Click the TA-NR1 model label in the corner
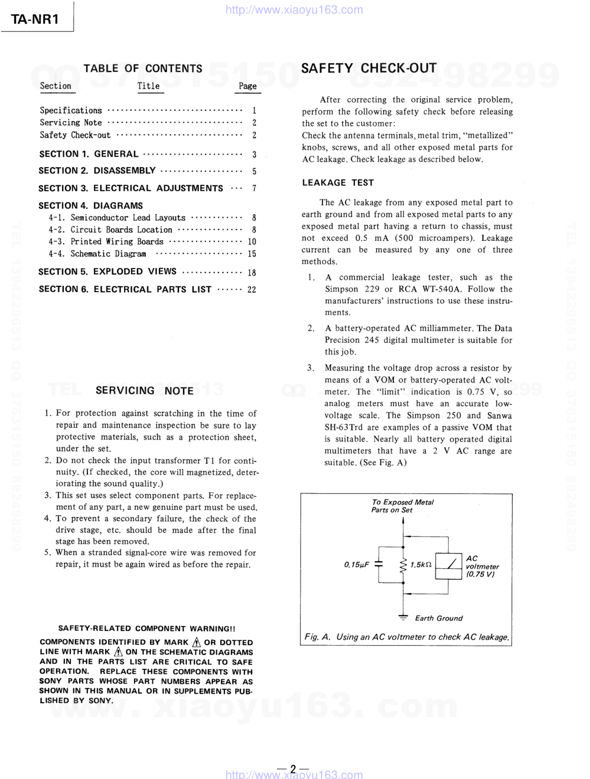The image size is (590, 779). [x=35, y=18]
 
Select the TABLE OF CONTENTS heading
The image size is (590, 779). [x=143, y=68]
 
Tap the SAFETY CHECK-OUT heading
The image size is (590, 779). [x=369, y=68]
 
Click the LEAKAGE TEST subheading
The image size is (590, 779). [x=338, y=183]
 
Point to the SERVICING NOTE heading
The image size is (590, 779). [x=145, y=391]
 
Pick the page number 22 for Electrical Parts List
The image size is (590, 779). [x=252, y=290]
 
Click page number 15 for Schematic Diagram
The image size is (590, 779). [x=252, y=254]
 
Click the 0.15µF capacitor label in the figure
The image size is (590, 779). [x=356, y=565]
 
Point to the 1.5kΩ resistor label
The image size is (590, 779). [x=421, y=565]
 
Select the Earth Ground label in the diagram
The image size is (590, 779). [x=438, y=618]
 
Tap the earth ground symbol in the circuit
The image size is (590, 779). [x=403, y=617]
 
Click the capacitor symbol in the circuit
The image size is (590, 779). [x=379, y=565]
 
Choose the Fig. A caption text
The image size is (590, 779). [x=406, y=637]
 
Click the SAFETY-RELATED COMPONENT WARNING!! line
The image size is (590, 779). [x=146, y=629]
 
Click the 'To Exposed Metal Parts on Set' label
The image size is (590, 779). [x=402, y=506]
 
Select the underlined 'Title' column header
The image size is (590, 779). [x=149, y=86]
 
